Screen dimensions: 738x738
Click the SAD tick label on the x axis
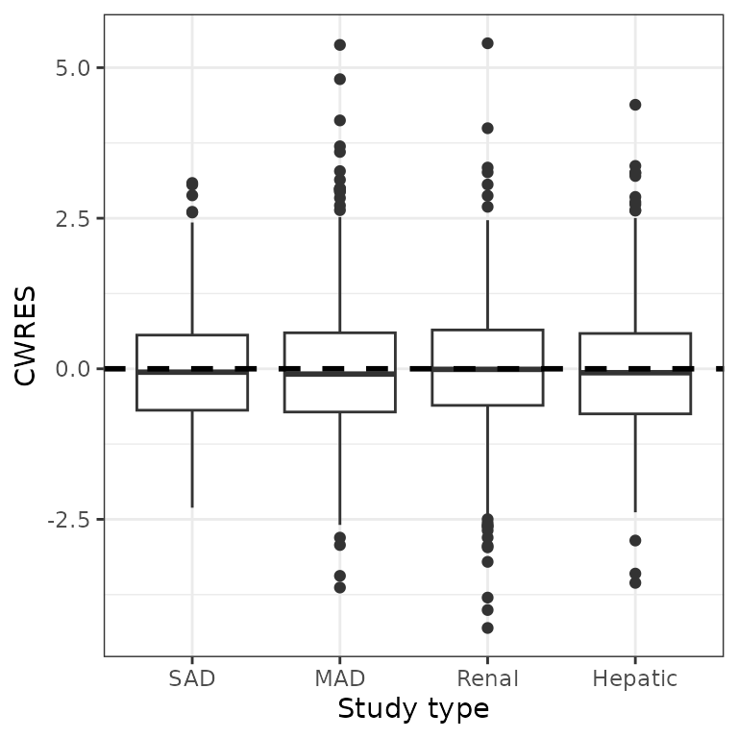192,678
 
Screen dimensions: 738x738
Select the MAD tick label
339,678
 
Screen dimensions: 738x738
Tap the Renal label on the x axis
487,678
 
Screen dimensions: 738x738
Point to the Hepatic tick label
634,678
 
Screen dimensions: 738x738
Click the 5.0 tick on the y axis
73,68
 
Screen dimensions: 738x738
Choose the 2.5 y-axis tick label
73,218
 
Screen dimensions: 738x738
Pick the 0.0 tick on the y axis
73,369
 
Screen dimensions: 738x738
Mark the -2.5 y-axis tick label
70,520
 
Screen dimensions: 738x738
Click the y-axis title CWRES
26,335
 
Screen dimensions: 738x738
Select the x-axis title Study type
413,709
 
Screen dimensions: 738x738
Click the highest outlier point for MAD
339,45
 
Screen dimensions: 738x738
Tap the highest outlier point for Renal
487,43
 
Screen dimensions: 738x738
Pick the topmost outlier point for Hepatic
634,105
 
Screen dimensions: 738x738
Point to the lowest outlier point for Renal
487,627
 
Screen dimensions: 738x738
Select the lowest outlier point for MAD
339,587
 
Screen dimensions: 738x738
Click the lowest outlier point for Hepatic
634,582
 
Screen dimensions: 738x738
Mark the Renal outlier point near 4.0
487,128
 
